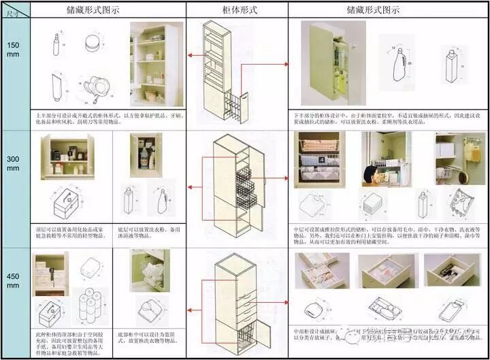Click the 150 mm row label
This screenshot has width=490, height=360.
click(x=14, y=50)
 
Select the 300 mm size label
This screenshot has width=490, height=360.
click(x=14, y=163)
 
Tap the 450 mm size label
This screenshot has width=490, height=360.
click(x=14, y=282)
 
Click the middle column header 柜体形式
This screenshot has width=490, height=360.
click(x=236, y=10)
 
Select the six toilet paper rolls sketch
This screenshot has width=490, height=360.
click(x=86, y=306)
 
